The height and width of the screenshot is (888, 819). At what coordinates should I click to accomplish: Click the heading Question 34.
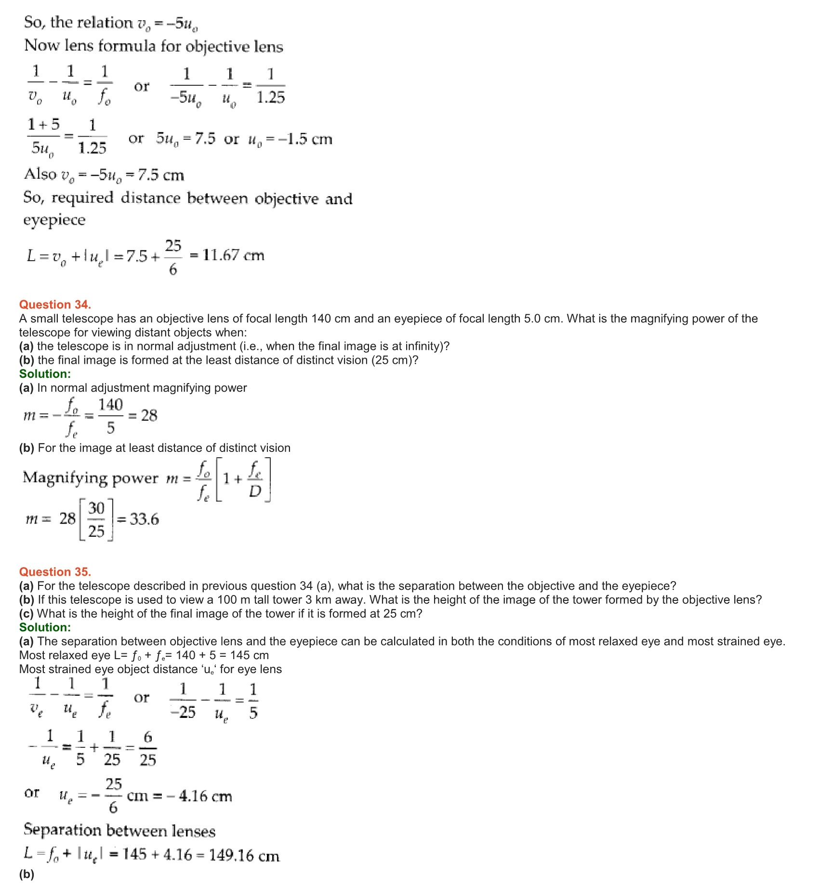(55, 305)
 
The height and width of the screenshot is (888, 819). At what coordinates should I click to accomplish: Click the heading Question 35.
(55, 572)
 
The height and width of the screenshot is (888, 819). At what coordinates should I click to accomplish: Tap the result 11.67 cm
(233, 255)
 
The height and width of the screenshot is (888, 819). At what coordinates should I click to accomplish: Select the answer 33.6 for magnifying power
(144, 519)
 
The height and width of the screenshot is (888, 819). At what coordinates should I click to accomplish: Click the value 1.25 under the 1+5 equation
(92, 147)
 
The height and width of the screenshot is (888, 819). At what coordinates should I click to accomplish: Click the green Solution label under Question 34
(45, 374)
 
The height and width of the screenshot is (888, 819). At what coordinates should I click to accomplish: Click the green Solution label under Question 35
(45, 627)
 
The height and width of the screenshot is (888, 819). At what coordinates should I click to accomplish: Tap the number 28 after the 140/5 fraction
(149, 415)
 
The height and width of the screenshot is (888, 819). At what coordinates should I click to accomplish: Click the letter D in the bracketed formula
(255, 490)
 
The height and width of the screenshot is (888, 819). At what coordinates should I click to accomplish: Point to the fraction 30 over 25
(96, 519)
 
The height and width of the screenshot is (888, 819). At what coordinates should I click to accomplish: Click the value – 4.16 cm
(199, 796)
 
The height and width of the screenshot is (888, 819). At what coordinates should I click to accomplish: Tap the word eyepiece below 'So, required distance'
(54, 220)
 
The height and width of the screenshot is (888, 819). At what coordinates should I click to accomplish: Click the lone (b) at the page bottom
(26, 874)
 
